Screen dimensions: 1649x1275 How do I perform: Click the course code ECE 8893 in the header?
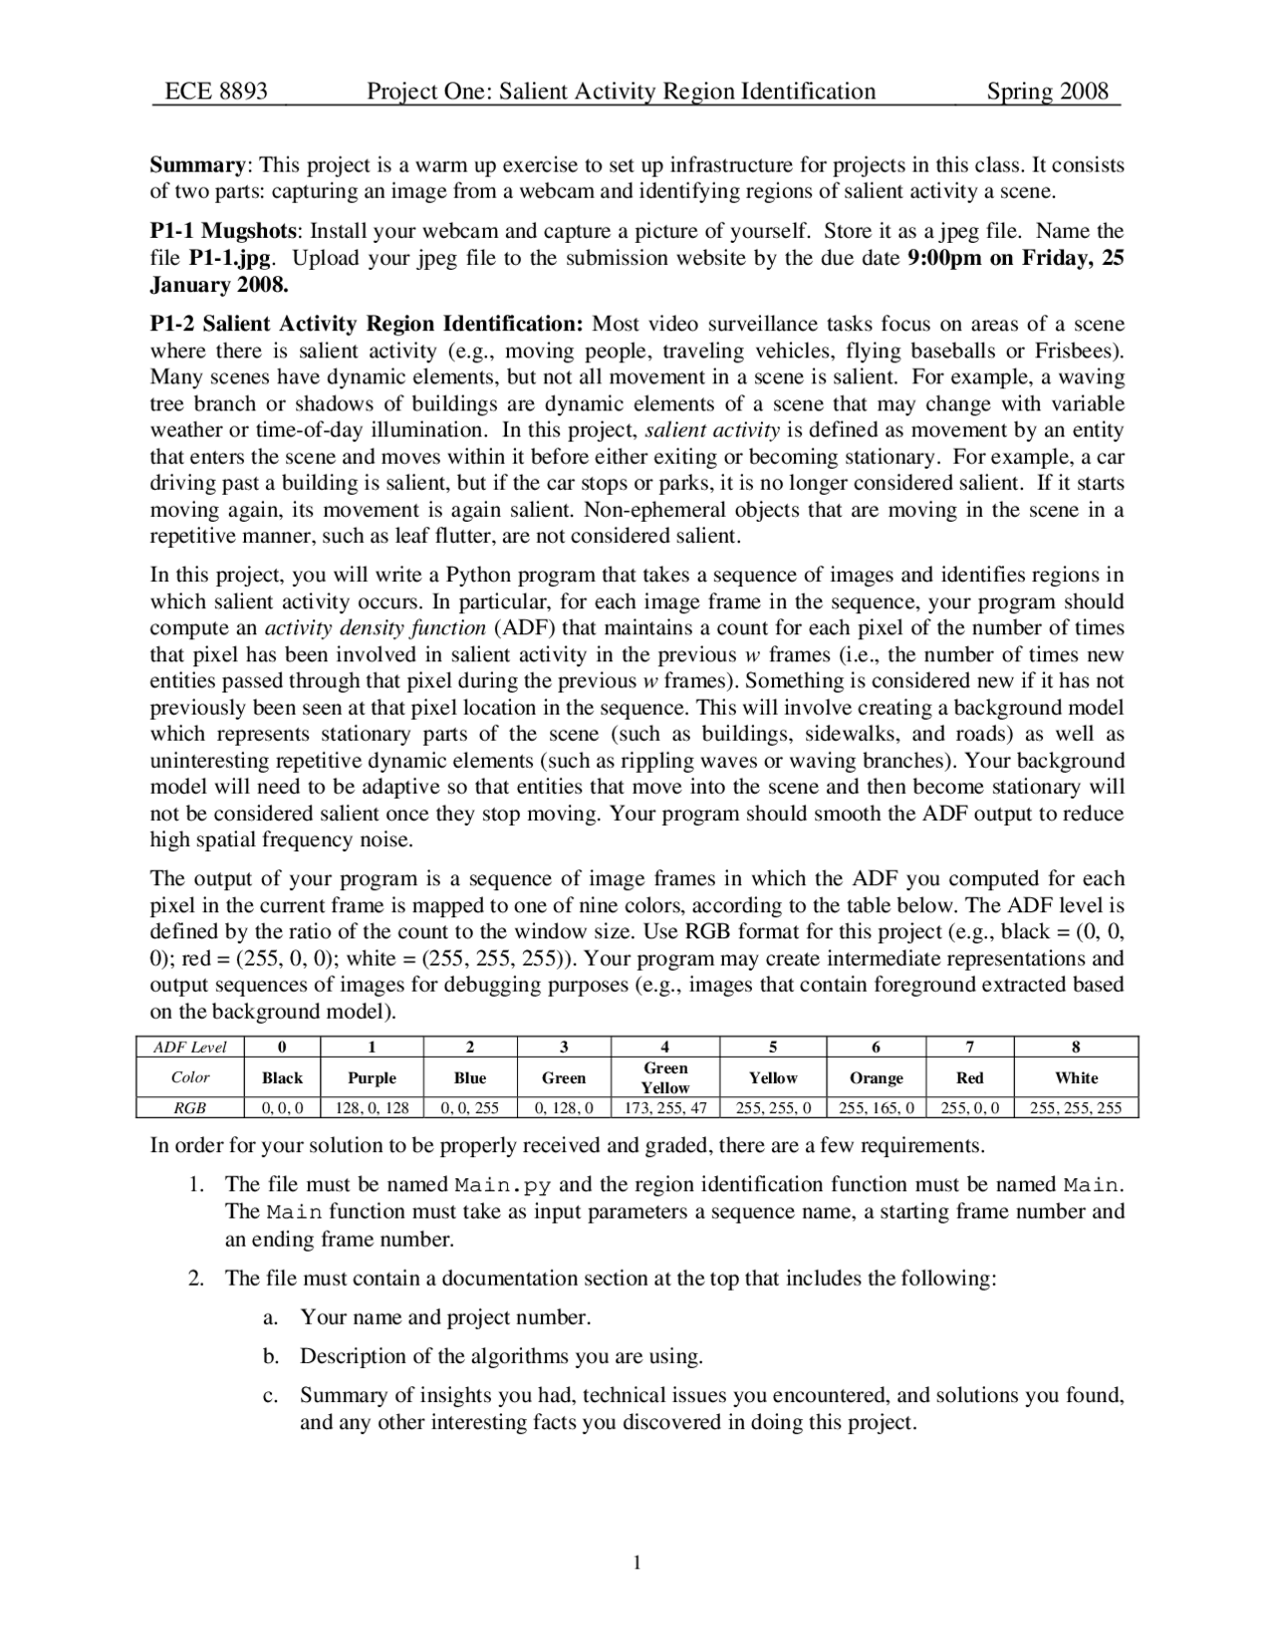(216, 92)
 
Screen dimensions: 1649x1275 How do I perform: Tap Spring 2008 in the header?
(1047, 92)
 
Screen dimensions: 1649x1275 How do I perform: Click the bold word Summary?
(197, 164)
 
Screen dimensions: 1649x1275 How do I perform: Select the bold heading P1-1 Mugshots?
(223, 231)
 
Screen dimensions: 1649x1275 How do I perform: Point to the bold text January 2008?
(218, 285)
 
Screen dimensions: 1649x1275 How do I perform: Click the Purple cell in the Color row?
(372, 1077)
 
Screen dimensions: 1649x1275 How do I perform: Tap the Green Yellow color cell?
(664, 1077)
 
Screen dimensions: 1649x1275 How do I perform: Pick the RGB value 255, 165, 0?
(876, 1107)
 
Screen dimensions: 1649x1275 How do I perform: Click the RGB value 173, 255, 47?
(664, 1107)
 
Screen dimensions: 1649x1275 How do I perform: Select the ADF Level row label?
(189, 1047)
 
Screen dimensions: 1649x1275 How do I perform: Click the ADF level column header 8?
(1076, 1047)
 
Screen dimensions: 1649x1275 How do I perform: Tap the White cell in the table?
(1076, 1077)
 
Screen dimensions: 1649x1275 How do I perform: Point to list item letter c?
(269, 1396)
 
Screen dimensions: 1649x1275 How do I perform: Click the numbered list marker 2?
(196, 1279)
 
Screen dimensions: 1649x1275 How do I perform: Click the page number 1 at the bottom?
(637, 1562)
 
